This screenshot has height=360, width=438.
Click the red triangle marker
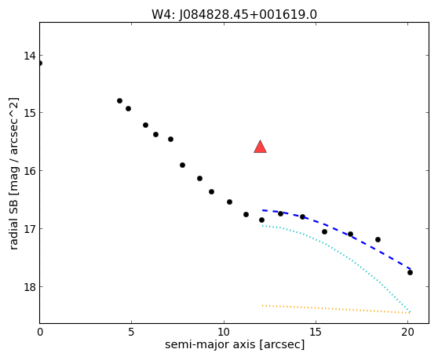260,147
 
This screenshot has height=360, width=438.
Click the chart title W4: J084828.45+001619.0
234,15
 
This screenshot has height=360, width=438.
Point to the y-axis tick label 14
30,56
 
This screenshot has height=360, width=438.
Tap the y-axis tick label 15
30,113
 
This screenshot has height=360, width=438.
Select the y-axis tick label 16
30,170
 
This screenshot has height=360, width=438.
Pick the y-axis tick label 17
30,228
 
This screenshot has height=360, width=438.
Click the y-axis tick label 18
30,287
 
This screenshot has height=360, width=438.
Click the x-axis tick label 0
40,332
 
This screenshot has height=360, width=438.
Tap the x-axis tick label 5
131,332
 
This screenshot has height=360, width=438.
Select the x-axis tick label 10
224,332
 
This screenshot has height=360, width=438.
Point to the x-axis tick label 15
316,332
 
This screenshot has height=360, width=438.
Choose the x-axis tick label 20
408,332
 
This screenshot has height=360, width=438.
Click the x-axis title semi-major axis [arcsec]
235,344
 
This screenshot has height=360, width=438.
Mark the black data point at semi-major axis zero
40,63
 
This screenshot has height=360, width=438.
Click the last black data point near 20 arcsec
410,272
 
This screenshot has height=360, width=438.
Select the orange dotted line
335,309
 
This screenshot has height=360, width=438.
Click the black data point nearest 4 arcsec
119,100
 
